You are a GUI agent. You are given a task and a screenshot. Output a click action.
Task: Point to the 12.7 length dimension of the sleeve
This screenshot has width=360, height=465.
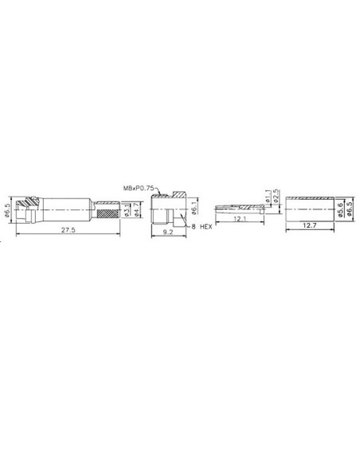tap(309, 226)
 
